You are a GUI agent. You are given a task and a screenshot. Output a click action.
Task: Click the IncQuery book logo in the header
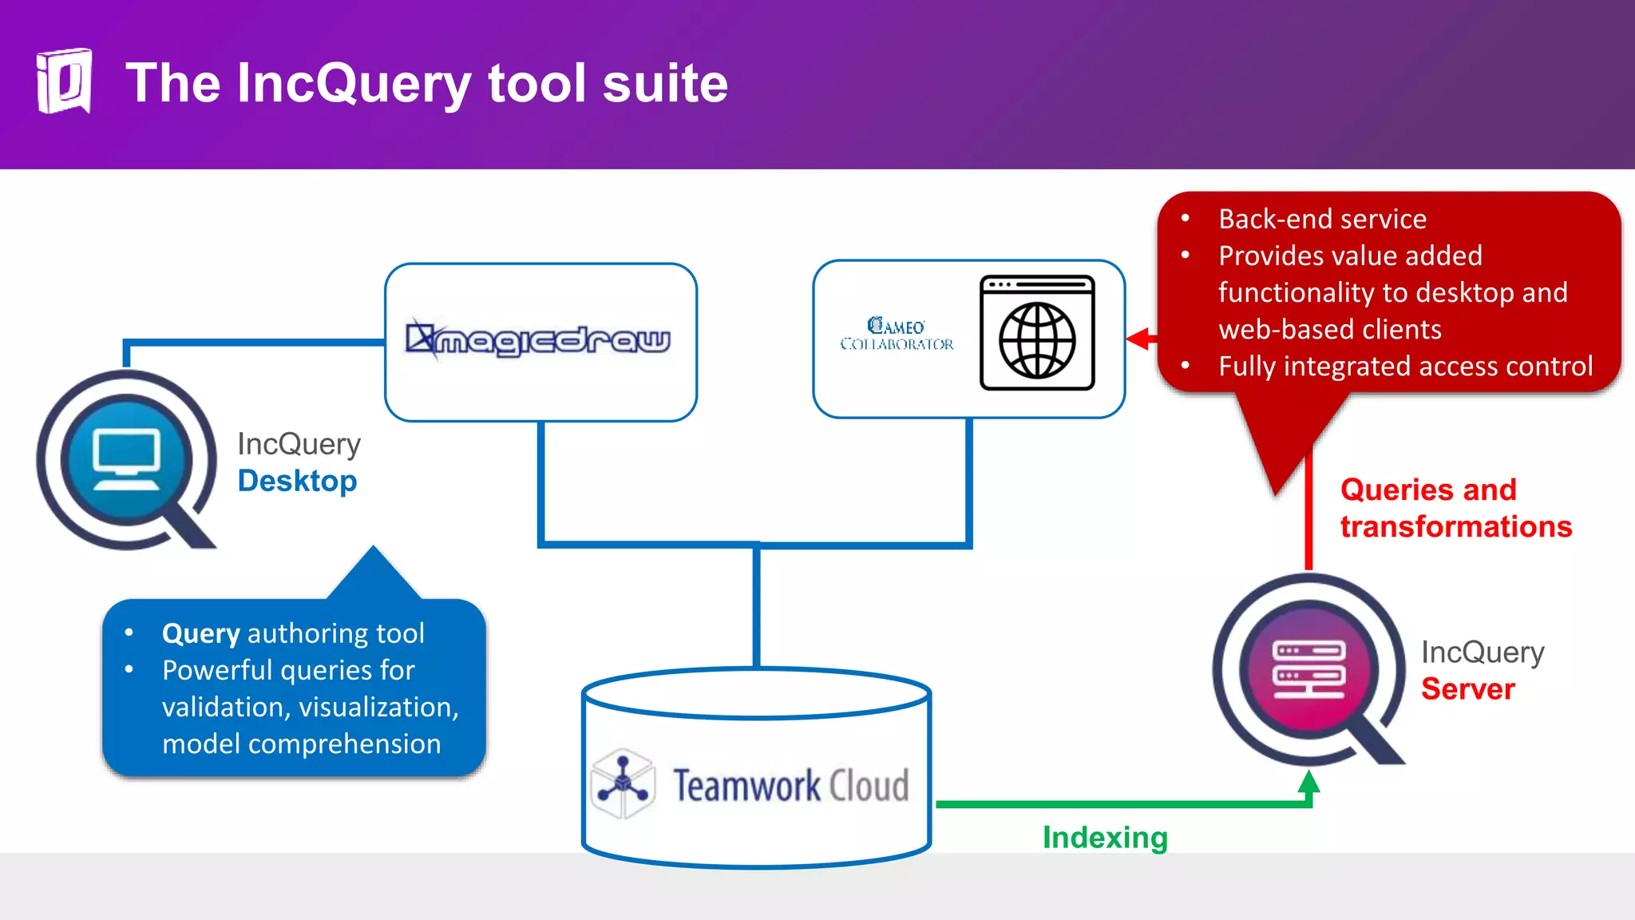pyautogui.click(x=64, y=81)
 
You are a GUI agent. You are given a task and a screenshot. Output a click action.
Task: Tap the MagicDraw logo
pyautogui.click(x=539, y=340)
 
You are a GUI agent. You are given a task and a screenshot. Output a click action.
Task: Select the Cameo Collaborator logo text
pyautogui.click(x=896, y=335)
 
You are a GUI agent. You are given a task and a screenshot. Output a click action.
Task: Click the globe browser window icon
pyautogui.click(x=1037, y=333)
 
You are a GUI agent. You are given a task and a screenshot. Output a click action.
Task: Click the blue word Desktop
pyautogui.click(x=297, y=481)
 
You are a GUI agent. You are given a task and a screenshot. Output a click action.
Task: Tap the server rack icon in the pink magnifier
pyautogui.click(x=1308, y=669)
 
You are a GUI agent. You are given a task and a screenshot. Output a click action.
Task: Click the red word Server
pyautogui.click(x=1467, y=688)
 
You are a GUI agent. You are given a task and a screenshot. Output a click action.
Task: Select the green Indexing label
pyautogui.click(x=1105, y=837)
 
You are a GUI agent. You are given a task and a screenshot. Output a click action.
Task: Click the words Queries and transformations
pyautogui.click(x=1455, y=508)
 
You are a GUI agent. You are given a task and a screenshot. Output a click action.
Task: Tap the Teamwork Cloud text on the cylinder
pyautogui.click(x=790, y=785)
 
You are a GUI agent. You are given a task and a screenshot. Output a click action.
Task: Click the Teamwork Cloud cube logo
pyautogui.click(x=623, y=783)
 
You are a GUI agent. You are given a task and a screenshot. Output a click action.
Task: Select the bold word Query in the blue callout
pyautogui.click(x=200, y=633)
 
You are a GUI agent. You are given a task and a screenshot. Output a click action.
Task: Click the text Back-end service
pyautogui.click(x=1322, y=219)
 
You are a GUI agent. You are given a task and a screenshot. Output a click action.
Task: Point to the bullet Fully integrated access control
pyautogui.click(x=1405, y=366)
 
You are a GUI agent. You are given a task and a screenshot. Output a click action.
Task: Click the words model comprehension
pyautogui.click(x=301, y=744)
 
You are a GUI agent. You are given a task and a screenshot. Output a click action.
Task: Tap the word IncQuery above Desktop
pyautogui.click(x=299, y=443)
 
